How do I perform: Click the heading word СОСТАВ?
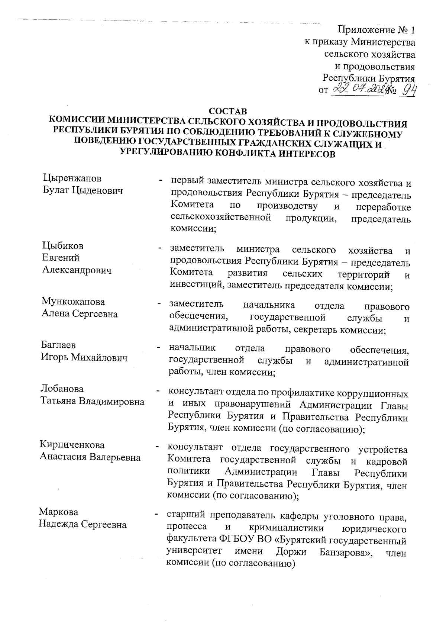coord(228,111)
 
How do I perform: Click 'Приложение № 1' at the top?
coord(376,30)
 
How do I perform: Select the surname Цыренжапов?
coord(72,178)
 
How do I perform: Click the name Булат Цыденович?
coord(83,191)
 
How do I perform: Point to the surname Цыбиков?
coord(63,246)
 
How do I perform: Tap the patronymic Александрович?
coord(77,270)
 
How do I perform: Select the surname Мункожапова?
coord(73,301)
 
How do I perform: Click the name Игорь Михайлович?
coord(84,358)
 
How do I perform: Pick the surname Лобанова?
coord(62,389)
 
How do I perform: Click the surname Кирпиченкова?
coord(72,445)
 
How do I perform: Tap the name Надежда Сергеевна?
coord(83,525)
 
